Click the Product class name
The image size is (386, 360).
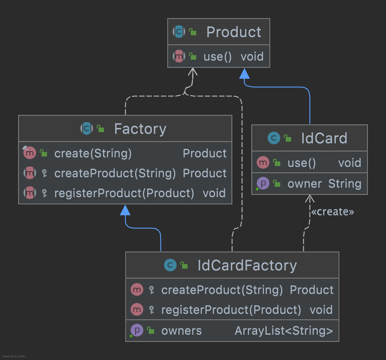click(x=233, y=32)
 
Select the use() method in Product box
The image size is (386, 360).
click(x=217, y=57)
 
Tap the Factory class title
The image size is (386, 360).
click(x=140, y=129)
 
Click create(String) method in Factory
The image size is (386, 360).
click(x=93, y=153)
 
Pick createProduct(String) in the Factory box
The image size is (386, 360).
click(x=115, y=173)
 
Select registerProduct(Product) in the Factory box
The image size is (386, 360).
click(x=124, y=193)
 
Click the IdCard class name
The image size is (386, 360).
click(x=324, y=138)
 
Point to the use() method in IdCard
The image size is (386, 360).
click(x=301, y=162)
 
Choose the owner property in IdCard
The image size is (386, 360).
click(x=305, y=184)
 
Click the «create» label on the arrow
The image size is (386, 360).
click(x=332, y=212)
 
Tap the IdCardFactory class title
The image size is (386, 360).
click(x=247, y=265)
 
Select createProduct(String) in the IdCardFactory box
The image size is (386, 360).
click(x=222, y=289)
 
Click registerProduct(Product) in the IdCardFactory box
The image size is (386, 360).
click(x=231, y=310)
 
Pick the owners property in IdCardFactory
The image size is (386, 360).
click(x=181, y=331)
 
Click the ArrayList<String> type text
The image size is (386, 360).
click(x=283, y=331)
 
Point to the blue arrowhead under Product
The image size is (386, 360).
click(x=244, y=73)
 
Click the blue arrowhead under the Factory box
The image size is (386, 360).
click(x=126, y=209)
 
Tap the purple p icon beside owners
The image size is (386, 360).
click(x=137, y=330)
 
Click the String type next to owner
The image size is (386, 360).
click(x=344, y=184)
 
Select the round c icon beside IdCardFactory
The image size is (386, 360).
click(x=170, y=265)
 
